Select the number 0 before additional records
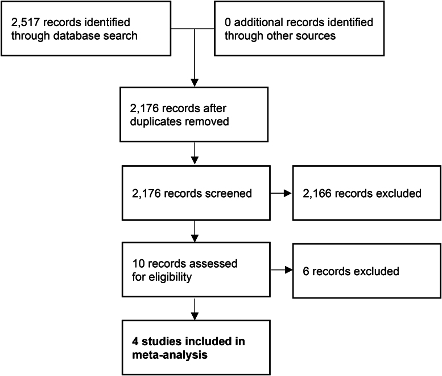228,22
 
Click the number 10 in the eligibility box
139,264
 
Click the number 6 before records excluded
306,271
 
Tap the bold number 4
135,342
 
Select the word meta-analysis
170,355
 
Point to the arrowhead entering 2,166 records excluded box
288,193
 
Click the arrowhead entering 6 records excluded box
288,270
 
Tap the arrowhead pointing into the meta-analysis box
195,316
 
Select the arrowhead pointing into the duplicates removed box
195,83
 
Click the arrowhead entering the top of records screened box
195,160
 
